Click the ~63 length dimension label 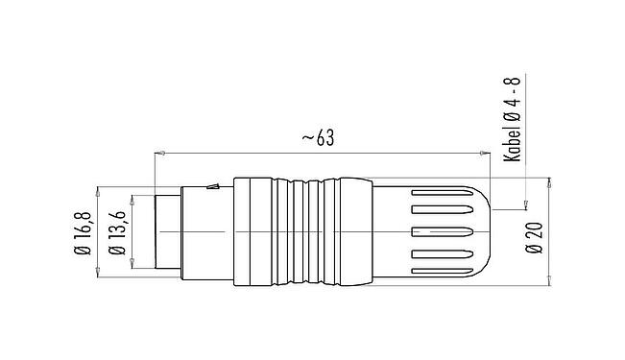tap(317, 138)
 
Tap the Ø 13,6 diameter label tap(118, 233)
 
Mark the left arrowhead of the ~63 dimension tap(158, 152)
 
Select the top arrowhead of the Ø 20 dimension tap(550, 182)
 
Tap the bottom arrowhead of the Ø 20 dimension tap(550, 282)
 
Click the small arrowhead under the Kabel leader tap(525, 204)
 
